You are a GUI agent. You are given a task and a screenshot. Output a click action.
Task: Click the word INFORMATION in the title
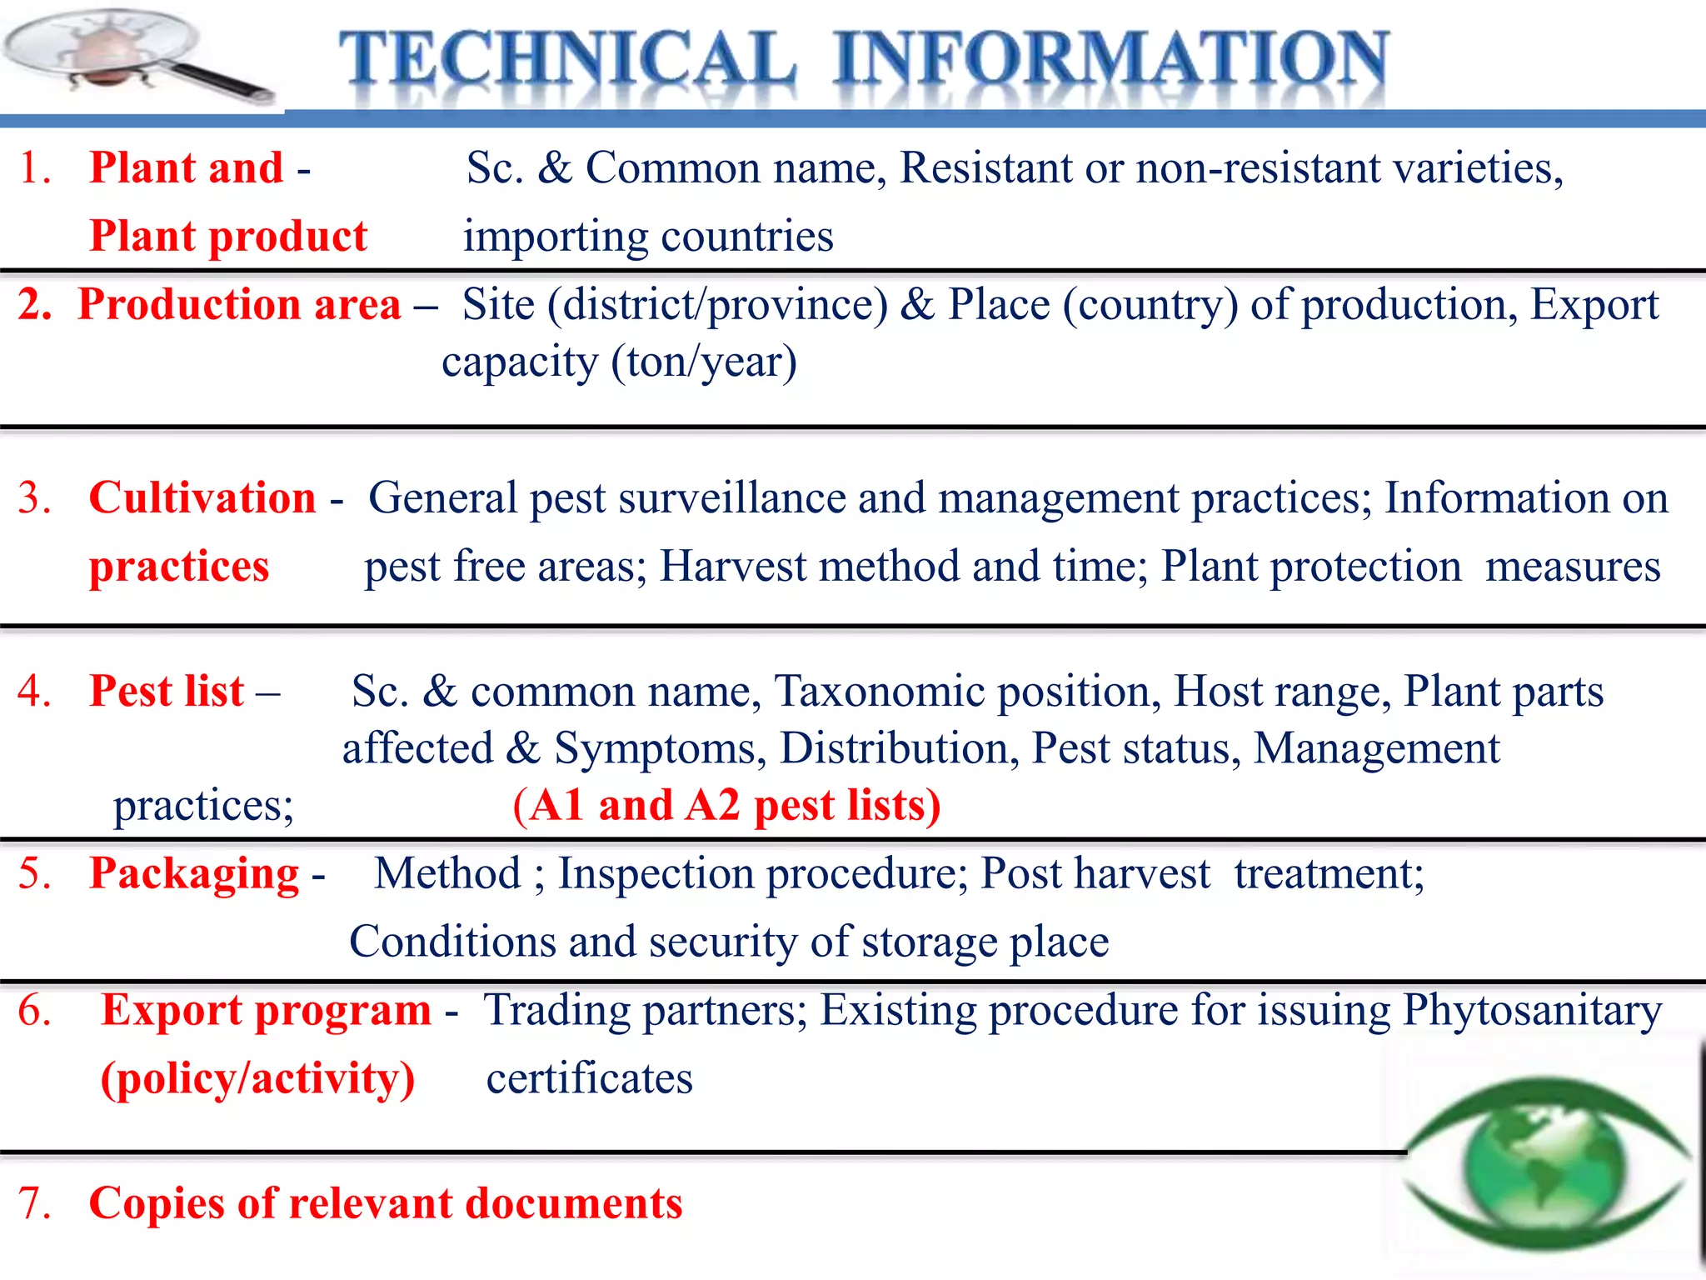pyautogui.click(x=1111, y=58)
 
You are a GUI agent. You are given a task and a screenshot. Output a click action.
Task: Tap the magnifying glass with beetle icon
pyautogui.click(x=133, y=55)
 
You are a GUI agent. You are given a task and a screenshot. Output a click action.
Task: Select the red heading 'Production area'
pyautogui.click(x=239, y=304)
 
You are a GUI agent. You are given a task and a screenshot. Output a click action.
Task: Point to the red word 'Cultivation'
pyautogui.click(x=202, y=497)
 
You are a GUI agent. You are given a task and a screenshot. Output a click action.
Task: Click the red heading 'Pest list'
pyautogui.click(x=167, y=691)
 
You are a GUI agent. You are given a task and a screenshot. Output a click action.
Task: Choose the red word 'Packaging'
pyautogui.click(x=194, y=874)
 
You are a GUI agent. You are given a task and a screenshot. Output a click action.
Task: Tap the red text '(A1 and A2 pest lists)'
pyautogui.click(x=726, y=806)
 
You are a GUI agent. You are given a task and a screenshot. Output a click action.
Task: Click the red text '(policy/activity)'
pyautogui.click(x=257, y=1078)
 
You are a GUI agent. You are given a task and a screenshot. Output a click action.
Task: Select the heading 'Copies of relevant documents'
pyautogui.click(x=386, y=1203)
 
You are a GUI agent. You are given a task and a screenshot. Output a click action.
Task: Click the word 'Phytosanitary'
pyautogui.click(x=1533, y=1011)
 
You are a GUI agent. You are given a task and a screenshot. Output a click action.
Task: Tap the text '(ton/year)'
pyautogui.click(x=704, y=362)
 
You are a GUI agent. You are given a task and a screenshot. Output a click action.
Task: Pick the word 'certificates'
pyautogui.click(x=590, y=1078)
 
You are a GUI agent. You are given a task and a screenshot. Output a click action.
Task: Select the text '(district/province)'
pyautogui.click(x=717, y=305)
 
